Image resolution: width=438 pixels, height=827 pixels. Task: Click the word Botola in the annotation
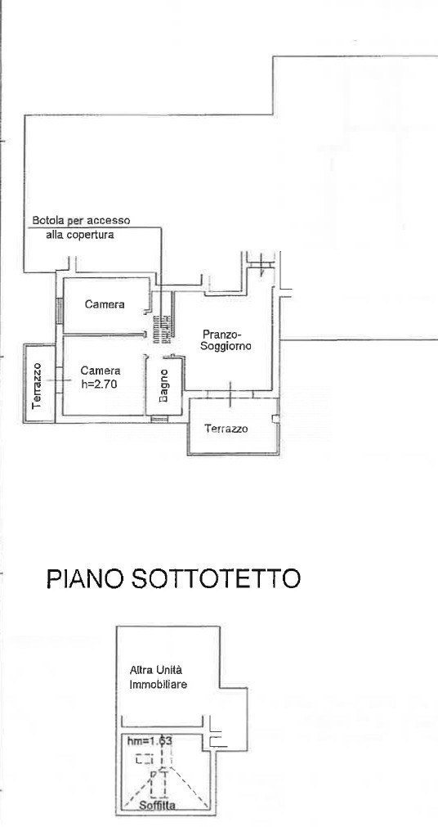pyautogui.click(x=47, y=221)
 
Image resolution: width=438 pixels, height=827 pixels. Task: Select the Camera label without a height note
pyautogui.click(x=105, y=304)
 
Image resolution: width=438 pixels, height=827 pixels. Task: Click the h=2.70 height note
pyautogui.click(x=99, y=384)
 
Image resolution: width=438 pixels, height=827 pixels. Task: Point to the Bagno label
pyautogui.click(x=163, y=385)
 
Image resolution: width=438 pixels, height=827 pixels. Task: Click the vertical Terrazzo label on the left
pyautogui.click(x=37, y=385)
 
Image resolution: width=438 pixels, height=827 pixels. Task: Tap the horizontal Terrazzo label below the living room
pyautogui.click(x=226, y=429)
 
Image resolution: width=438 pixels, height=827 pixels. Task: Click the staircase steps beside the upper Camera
pyautogui.click(x=163, y=330)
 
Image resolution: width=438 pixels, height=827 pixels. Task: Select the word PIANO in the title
pyautogui.click(x=84, y=578)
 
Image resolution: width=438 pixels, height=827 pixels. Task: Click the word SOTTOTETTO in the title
pyautogui.click(x=215, y=578)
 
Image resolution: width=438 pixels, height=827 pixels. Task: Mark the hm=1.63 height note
pyautogui.click(x=150, y=741)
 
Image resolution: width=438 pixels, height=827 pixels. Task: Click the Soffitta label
pyautogui.click(x=157, y=806)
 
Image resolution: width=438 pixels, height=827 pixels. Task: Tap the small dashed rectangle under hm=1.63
pyautogui.click(x=144, y=759)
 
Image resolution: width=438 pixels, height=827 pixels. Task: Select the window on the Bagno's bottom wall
pyautogui.click(x=159, y=420)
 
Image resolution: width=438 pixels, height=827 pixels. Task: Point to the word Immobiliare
pyautogui.click(x=159, y=685)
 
